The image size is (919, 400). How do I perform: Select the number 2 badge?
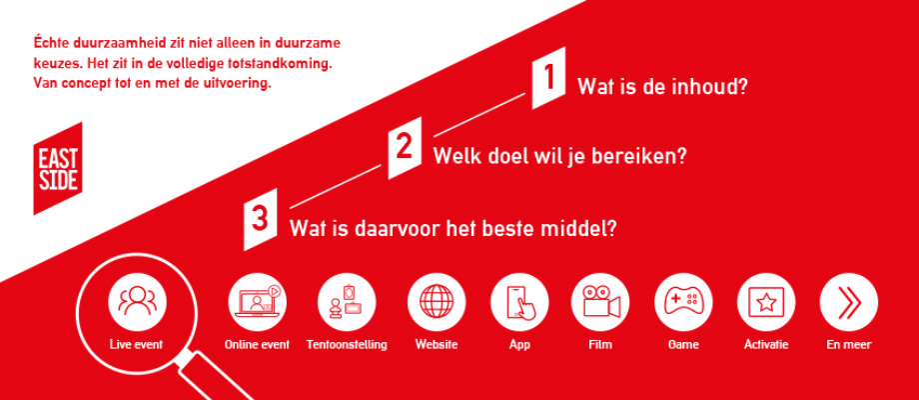(x=404, y=147)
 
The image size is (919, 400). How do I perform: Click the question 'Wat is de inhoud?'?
(x=662, y=87)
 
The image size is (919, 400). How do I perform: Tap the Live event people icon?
(x=137, y=301)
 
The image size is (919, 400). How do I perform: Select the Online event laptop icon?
(x=257, y=301)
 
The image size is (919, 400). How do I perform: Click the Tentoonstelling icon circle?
(x=347, y=301)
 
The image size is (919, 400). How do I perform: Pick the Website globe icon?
(x=437, y=301)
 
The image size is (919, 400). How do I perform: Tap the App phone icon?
(x=519, y=301)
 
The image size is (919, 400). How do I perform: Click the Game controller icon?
(x=683, y=301)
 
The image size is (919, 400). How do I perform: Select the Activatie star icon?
(x=766, y=301)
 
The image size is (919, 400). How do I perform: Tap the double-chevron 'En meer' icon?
(x=849, y=301)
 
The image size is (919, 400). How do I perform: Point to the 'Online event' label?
(x=257, y=345)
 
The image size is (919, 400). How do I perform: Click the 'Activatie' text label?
(x=766, y=345)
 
